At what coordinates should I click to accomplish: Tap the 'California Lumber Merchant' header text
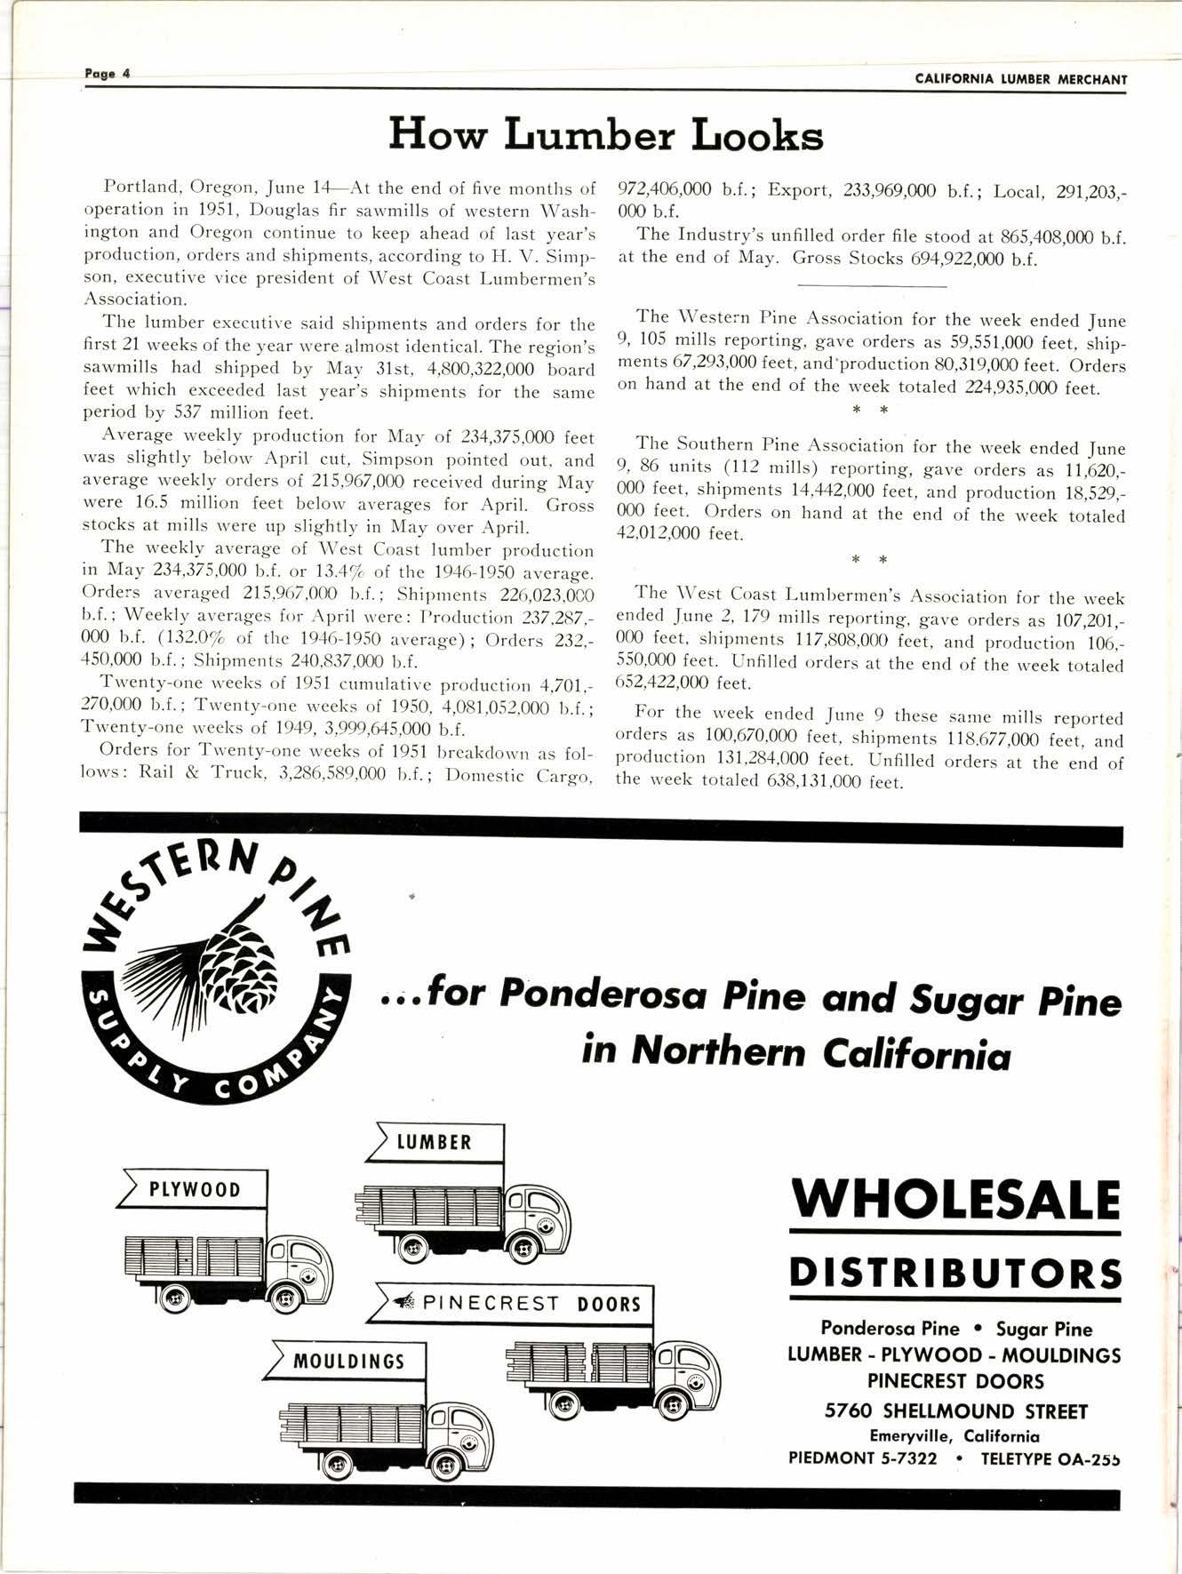[x=1020, y=79]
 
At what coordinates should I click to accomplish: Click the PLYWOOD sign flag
[x=194, y=1189]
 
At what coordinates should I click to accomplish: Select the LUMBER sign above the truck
[x=435, y=1142]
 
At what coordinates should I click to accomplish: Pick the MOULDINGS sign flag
[x=350, y=1361]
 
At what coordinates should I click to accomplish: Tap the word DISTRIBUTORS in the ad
[x=955, y=1274]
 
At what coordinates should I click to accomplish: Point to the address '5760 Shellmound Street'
[x=955, y=1411]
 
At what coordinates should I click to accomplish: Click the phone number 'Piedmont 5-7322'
[x=863, y=1458]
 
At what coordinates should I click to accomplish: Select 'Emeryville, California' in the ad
[x=955, y=1435]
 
